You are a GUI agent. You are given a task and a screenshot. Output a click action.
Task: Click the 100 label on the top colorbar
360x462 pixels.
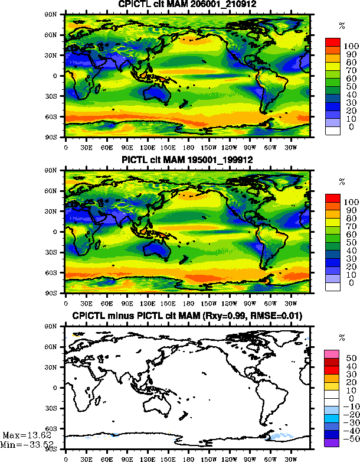click(349, 45)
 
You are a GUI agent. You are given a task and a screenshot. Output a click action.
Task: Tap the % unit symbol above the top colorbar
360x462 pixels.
click(342, 26)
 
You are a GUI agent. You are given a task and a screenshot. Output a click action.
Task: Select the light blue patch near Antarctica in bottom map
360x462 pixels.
click(280, 437)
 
